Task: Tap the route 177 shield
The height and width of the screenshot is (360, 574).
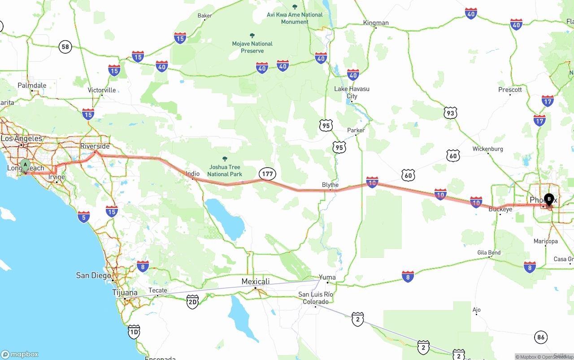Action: click(x=267, y=173)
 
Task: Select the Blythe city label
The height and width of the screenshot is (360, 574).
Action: click(x=330, y=185)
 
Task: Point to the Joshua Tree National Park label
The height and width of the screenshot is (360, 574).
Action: click(x=225, y=170)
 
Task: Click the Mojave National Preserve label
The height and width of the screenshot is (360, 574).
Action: click(x=252, y=47)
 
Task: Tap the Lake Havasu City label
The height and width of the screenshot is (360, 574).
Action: click(x=352, y=92)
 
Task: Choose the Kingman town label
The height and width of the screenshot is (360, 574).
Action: click(x=376, y=23)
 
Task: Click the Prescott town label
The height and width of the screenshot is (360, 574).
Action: click(x=510, y=90)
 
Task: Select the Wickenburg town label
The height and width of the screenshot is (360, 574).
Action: click(x=488, y=149)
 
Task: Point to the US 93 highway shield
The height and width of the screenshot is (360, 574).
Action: click(x=450, y=113)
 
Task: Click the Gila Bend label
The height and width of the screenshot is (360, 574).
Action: click(x=488, y=253)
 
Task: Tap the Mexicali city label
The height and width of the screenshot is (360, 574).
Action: click(x=256, y=282)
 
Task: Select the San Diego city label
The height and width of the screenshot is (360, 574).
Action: click(x=93, y=275)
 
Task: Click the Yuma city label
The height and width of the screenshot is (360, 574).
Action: click(x=327, y=278)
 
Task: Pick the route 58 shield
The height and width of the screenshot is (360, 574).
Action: click(x=65, y=47)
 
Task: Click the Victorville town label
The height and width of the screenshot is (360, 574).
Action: click(x=102, y=90)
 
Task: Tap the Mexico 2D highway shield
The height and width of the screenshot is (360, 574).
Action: click(x=192, y=301)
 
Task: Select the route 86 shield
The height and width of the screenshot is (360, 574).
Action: click(x=541, y=337)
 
